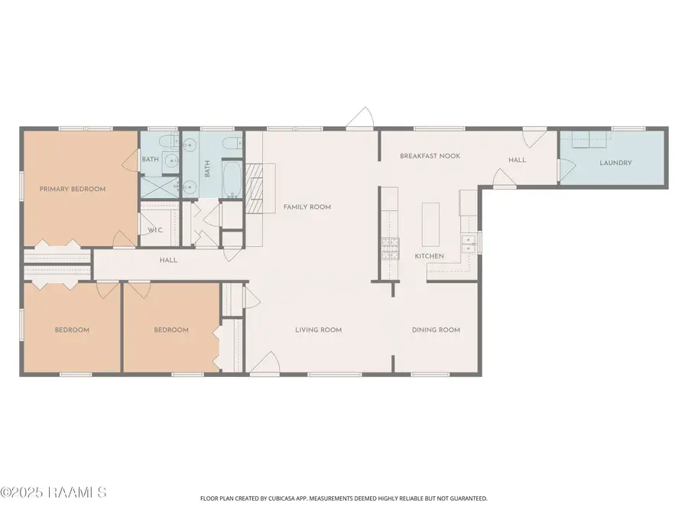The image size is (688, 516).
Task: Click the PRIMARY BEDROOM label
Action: (x=73, y=189)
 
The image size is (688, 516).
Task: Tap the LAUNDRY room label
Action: (x=615, y=163)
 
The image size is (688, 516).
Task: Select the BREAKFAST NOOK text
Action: (x=430, y=156)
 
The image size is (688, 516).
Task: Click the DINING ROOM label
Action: (x=436, y=330)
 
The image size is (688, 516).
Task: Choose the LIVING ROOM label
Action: (x=318, y=330)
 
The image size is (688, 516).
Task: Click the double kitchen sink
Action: (x=469, y=244)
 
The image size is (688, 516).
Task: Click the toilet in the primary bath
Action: (x=169, y=143)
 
